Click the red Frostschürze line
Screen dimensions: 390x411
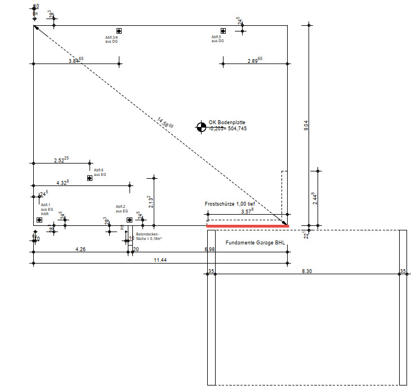click(248, 226)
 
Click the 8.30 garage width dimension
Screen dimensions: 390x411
click(307, 271)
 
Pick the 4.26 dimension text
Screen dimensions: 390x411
click(81, 249)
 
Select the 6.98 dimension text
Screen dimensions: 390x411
click(209, 249)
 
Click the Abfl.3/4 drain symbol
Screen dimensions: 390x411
click(119, 31)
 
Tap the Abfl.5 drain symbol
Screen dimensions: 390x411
click(223, 31)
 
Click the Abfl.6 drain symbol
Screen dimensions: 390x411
click(90, 178)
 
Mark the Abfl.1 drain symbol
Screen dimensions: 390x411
click(39, 220)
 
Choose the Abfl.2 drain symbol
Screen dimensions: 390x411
click(129, 220)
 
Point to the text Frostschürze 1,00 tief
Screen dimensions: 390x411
click(230, 203)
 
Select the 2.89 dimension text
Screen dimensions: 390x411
click(255, 60)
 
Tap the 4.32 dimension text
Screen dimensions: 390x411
click(62, 182)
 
